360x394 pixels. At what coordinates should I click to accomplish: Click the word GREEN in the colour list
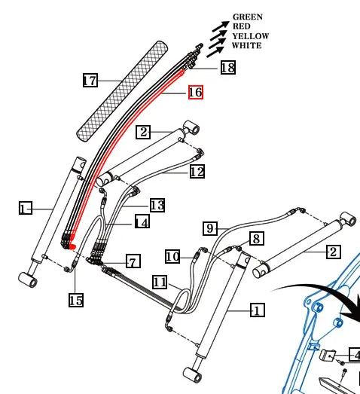248,17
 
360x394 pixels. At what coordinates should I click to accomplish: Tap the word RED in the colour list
242,26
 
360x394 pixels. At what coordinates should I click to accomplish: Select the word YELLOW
250,36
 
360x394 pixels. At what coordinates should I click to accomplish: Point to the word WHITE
247,46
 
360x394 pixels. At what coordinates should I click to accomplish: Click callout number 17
90,80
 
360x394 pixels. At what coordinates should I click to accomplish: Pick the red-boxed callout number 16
195,92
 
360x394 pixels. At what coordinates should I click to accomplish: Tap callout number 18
227,69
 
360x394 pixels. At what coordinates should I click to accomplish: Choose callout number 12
197,172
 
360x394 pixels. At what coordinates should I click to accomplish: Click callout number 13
157,205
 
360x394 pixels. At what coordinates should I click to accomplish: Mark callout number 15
76,300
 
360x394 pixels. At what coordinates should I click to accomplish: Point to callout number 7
133,261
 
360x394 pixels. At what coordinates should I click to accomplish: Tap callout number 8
256,239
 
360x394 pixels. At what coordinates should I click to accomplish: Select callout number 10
172,257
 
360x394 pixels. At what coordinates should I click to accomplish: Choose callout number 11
159,283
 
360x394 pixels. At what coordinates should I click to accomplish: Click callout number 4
354,356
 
